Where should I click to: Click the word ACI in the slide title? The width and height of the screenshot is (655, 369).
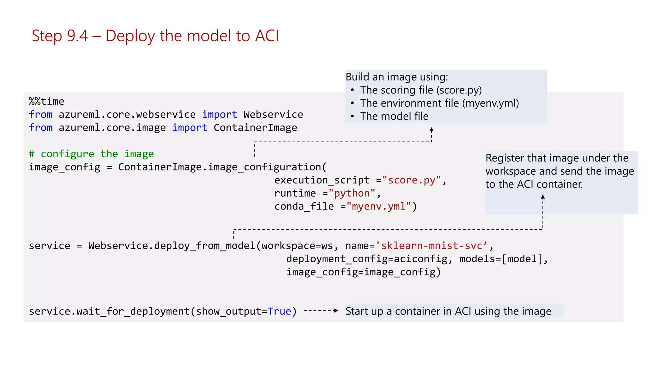click(267, 36)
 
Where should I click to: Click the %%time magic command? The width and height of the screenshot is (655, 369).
click(46, 102)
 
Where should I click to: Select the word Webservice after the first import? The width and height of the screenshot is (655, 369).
click(273, 115)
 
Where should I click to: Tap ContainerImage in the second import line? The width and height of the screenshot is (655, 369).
click(255, 128)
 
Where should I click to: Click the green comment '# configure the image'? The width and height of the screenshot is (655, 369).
click(91, 154)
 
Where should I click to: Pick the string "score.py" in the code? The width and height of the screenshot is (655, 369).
click(412, 180)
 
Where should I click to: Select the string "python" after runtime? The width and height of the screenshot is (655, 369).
click(352, 193)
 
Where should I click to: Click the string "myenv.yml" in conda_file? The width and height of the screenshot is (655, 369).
click(379, 207)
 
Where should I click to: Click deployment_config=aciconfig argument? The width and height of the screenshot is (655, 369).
click(367, 259)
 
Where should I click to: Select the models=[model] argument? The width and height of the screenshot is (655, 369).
click(501, 259)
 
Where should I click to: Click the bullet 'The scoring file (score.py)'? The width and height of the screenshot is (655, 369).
click(421, 90)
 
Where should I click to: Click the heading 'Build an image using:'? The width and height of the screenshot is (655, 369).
click(397, 77)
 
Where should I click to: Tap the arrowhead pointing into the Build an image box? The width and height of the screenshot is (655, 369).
click(431, 129)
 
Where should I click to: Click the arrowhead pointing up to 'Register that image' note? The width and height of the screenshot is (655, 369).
click(543, 197)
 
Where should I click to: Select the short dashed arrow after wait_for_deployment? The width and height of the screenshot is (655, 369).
click(321, 311)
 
